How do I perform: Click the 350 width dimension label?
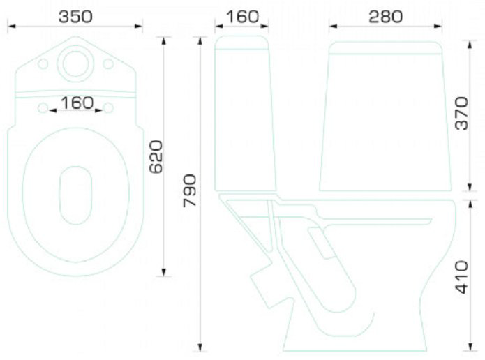[x=75, y=16]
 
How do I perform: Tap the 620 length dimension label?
[x=156, y=156]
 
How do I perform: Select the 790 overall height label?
[x=190, y=190]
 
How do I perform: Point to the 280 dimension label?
[x=386, y=16]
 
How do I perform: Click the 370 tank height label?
[x=463, y=113]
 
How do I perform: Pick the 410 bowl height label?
[x=463, y=277]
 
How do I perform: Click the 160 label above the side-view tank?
[x=243, y=16]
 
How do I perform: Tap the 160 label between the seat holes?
[x=77, y=103]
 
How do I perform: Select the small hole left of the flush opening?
[x=43, y=64]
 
